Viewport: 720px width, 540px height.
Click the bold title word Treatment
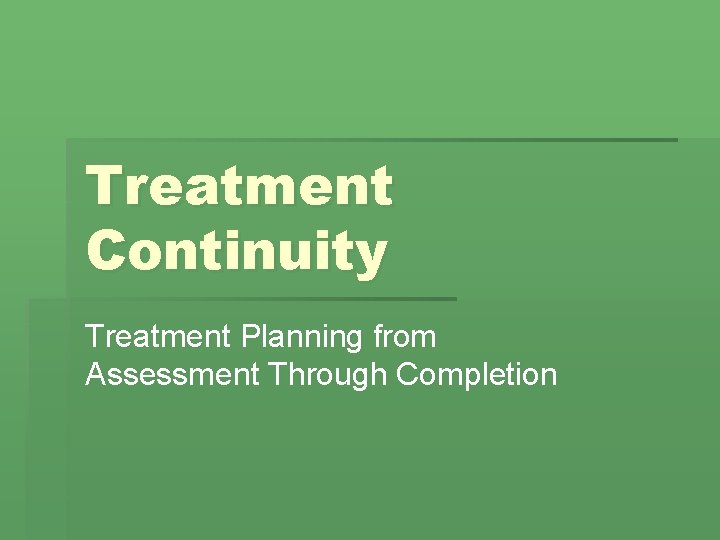pos(239,186)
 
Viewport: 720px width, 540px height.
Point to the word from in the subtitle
pos(405,338)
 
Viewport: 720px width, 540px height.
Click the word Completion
pos(477,375)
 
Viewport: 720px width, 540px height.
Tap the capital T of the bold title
pos(104,186)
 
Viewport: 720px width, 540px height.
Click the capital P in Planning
pos(254,338)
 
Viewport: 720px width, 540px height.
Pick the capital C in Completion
pos(408,375)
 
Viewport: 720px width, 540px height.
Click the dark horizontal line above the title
pos(370,140)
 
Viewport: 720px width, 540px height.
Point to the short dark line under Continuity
pos(260,298)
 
